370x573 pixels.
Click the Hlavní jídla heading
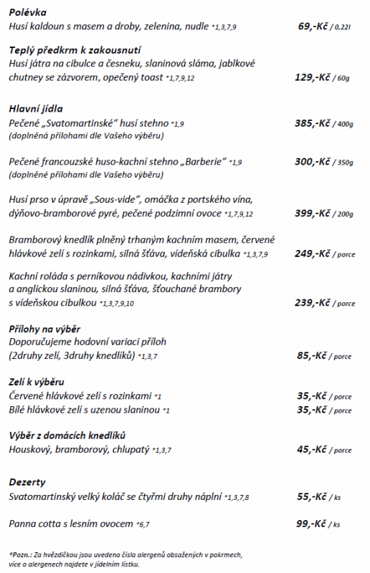pyautogui.click(x=37, y=109)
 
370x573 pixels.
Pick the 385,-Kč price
pyautogui.click(x=311, y=123)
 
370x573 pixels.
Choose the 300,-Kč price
pyautogui.click(x=311, y=162)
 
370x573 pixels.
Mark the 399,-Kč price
pyautogui.click(x=311, y=213)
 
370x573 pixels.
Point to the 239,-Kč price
pyautogui.click(x=311, y=302)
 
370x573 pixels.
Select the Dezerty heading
pyautogui.click(x=28, y=482)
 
